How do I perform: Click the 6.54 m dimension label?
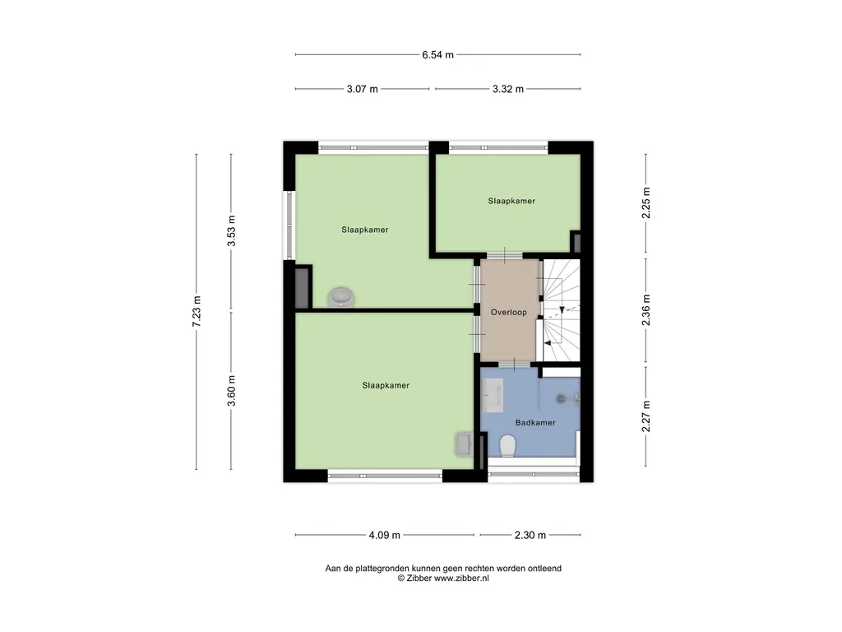click(437, 55)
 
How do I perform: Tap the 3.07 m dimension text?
click(363, 89)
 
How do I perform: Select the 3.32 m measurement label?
click(508, 89)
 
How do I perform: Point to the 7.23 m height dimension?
click(197, 311)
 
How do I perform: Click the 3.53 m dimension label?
click(231, 231)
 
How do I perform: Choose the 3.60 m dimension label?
click(231, 391)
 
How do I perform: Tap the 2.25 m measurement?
click(646, 202)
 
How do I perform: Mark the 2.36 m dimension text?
click(646, 310)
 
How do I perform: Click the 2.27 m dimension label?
click(646, 416)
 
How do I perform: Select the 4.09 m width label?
click(385, 535)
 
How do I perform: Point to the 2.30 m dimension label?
click(530, 535)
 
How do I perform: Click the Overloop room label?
click(508, 312)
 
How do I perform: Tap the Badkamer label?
click(535, 423)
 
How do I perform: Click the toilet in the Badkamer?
click(507, 446)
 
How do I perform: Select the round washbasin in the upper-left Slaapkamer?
click(341, 296)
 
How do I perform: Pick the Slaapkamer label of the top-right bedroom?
click(511, 201)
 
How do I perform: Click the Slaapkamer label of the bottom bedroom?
click(386, 385)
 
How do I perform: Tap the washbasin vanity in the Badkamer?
click(493, 395)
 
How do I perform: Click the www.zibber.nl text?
click(461, 579)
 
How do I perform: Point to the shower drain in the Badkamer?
click(561, 399)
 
